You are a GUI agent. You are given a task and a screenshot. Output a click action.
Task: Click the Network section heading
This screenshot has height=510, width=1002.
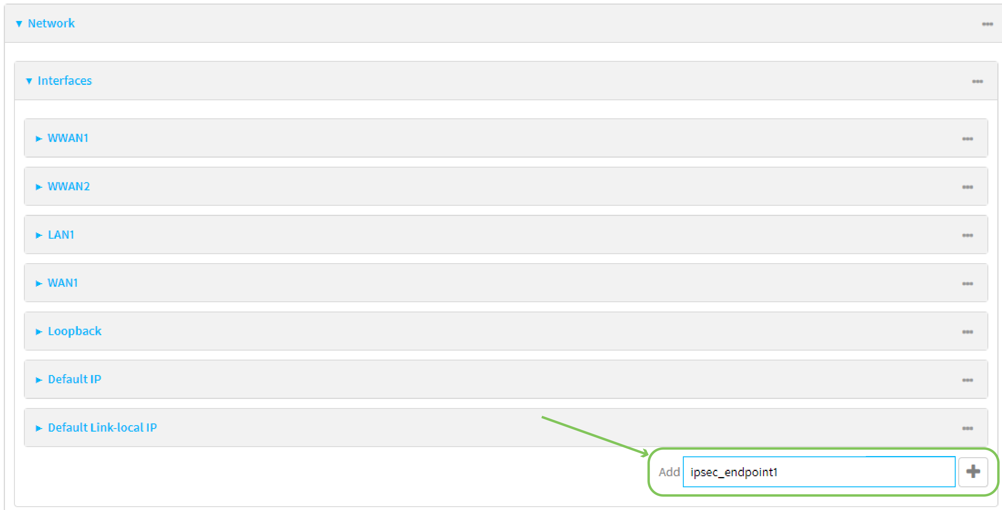coord(51,23)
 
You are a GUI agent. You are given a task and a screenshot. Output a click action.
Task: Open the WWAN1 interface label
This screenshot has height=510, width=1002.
coord(68,138)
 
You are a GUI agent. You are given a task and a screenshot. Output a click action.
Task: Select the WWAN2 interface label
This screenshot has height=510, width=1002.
coord(68,186)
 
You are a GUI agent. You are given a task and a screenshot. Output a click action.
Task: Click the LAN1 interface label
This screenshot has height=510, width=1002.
coord(61,235)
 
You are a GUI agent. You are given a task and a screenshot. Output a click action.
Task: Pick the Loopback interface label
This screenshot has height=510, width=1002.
coord(75,331)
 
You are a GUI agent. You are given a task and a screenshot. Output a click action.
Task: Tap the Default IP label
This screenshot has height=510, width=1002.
coord(75,379)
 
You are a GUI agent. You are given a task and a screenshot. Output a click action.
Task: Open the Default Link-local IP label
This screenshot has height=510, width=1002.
coord(102,428)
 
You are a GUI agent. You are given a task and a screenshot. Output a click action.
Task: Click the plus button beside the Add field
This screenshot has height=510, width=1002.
coord(973,472)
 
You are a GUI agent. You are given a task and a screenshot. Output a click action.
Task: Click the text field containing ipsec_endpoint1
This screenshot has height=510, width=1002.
coord(819,472)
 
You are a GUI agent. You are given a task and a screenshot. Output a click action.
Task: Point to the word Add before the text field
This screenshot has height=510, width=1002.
coord(669,472)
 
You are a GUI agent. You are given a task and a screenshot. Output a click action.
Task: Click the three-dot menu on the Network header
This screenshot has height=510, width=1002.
coord(987,24)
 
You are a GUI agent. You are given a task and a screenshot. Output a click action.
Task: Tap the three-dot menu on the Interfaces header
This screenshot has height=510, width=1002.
coord(978,81)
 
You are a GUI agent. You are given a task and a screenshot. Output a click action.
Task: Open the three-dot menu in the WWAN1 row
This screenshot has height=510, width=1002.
coord(967,139)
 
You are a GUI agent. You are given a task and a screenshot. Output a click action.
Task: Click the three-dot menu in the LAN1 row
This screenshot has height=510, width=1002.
coord(967,235)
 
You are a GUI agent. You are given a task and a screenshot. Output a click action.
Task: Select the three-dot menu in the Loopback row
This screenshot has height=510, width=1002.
coord(967,332)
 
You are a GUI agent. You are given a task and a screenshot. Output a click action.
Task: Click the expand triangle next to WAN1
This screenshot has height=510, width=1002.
coord(38,284)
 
